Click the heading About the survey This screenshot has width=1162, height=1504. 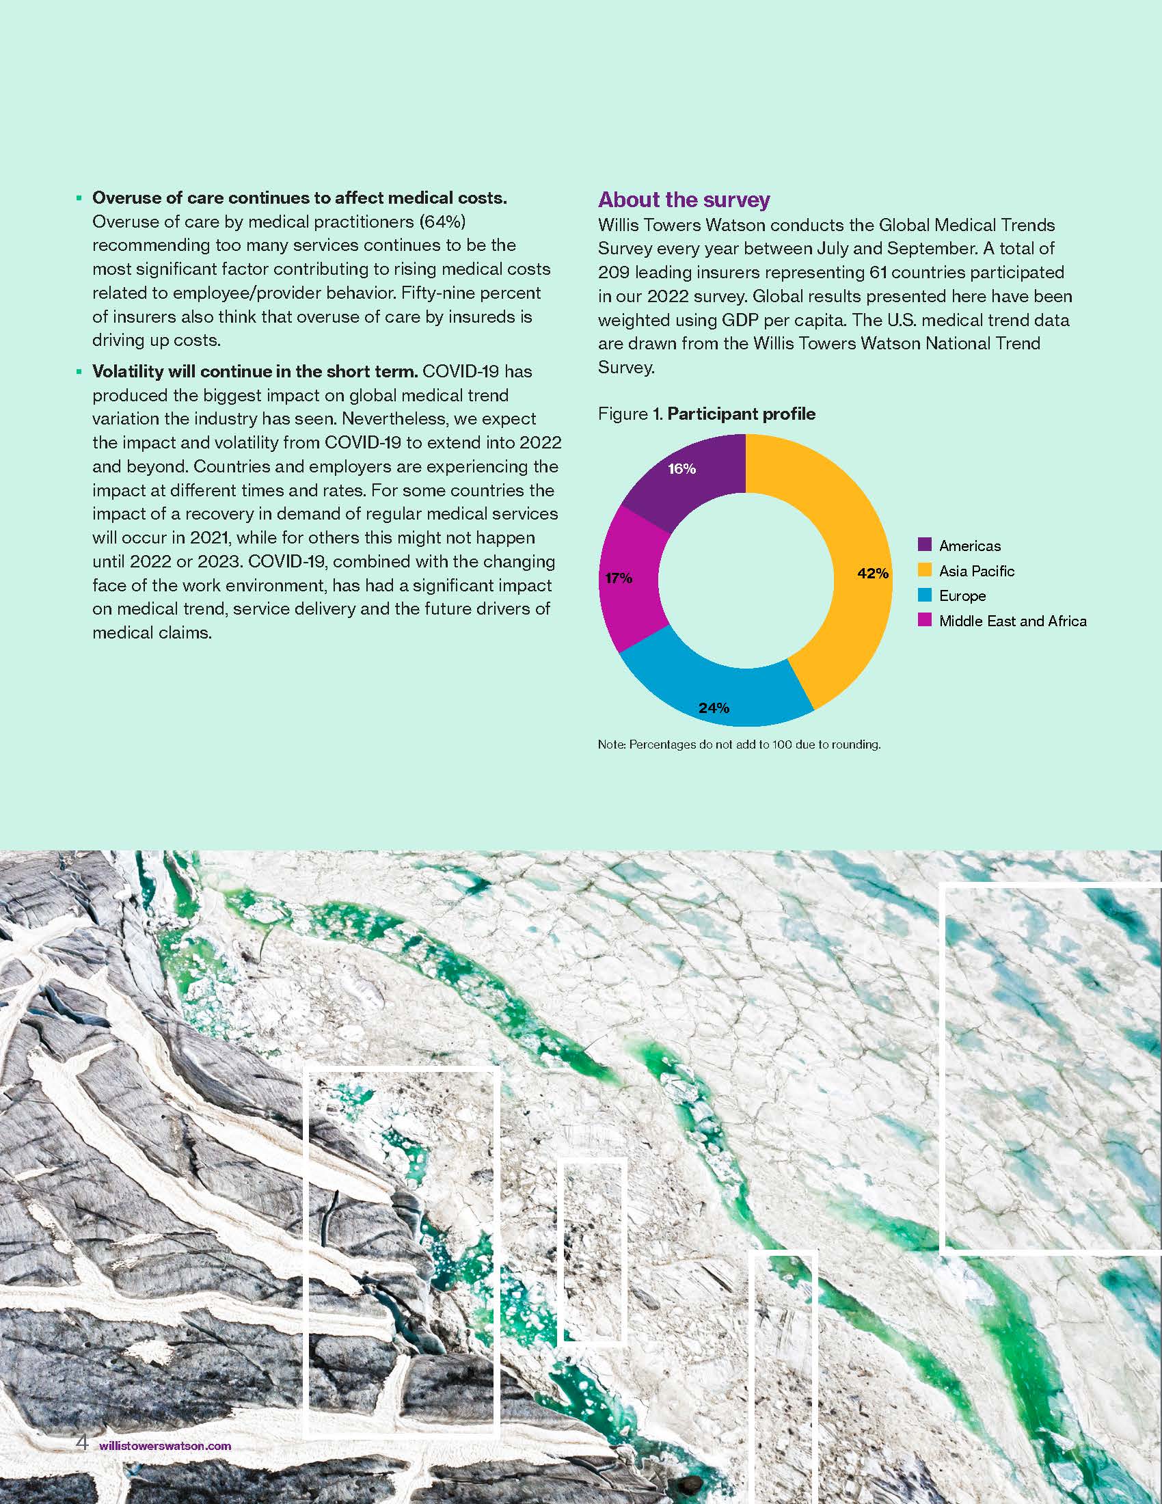point(684,200)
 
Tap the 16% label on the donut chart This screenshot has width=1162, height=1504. point(681,469)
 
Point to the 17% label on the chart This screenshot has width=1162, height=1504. point(618,578)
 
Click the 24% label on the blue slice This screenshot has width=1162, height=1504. point(714,708)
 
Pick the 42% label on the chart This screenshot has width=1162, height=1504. point(872,573)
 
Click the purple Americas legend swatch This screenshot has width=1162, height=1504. point(925,545)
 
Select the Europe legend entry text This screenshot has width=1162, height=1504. point(962,595)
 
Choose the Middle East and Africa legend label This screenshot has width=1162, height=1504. point(1012,621)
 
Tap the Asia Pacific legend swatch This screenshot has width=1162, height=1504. point(925,570)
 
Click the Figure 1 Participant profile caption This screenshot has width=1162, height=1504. point(706,414)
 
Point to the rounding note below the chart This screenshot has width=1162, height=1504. point(739,744)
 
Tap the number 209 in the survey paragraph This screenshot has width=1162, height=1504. point(613,272)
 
